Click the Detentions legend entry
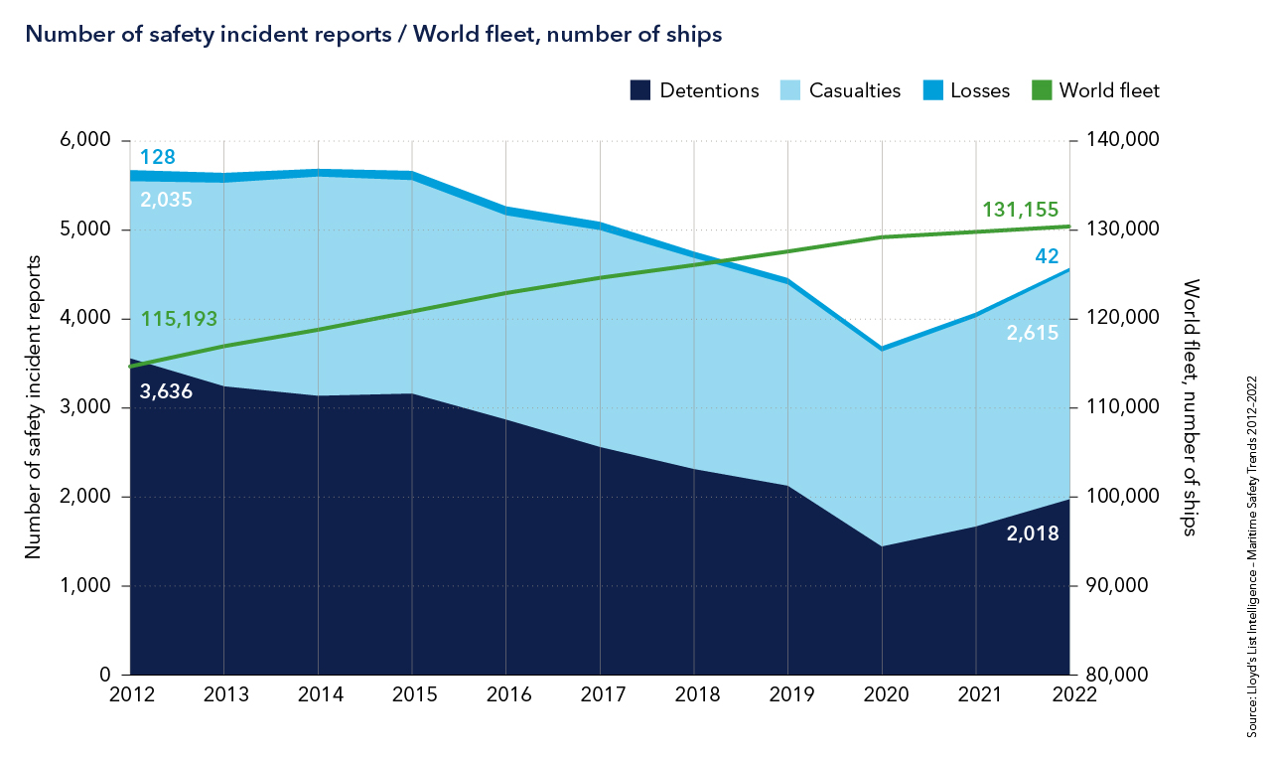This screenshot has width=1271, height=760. [x=695, y=90]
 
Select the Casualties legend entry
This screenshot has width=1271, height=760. [x=842, y=90]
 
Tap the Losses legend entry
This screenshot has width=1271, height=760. [x=967, y=90]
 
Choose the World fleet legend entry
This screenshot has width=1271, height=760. [x=1096, y=90]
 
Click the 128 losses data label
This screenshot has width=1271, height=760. [x=158, y=157]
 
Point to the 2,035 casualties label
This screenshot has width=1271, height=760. [x=166, y=200]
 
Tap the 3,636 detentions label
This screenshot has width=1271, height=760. [x=166, y=391]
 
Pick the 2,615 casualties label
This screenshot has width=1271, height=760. [x=1032, y=333]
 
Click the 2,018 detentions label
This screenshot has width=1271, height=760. [x=1032, y=532]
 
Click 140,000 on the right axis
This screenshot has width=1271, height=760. [x=1113, y=141]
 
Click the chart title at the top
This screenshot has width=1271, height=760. [x=372, y=34]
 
